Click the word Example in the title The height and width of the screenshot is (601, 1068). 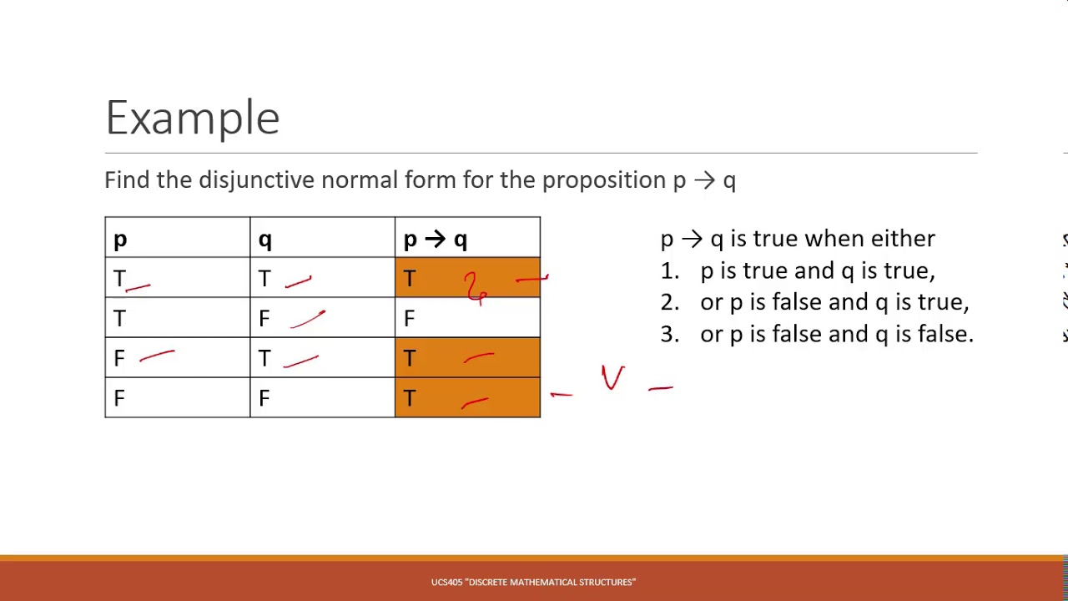[x=193, y=118]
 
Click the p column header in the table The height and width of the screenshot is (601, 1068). [x=120, y=240]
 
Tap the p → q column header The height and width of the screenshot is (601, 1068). [x=435, y=240]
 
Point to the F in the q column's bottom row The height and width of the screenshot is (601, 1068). [x=264, y=398]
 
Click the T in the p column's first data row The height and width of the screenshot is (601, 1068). [x=119, y=279]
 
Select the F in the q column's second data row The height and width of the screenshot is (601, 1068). [x=264, y=318]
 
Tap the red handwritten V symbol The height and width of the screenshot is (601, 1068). [x=613, y=377]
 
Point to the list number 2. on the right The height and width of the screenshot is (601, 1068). [x=669, y=302]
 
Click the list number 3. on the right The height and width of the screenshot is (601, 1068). [x=669, y=334]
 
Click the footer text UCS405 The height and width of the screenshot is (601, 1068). [x=446, y=582]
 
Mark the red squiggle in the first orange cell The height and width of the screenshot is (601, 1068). [x=476, y=287]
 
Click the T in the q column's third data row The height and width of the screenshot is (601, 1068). [x=264, y=358]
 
